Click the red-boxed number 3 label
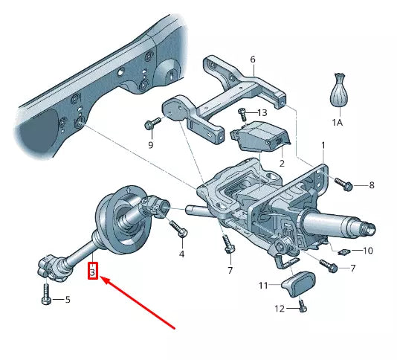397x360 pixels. [92, 271]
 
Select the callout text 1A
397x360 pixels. [338, 122]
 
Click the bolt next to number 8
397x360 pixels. [344, 183]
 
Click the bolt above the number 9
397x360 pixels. [153, 123]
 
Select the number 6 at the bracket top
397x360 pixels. [252, 59]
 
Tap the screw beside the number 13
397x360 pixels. [242, 115]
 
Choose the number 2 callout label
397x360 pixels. [282, 162]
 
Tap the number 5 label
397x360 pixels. [67, 300]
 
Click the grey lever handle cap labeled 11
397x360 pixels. [300, 283]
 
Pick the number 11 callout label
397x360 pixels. [263, 286]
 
